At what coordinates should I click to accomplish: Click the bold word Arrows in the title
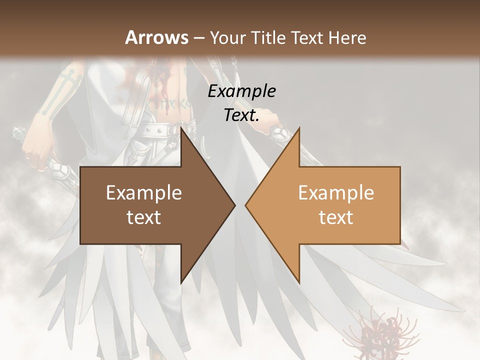click(x=157, y=37)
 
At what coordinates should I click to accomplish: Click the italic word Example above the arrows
click(x=241, y=91)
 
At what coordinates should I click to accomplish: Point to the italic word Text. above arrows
click(x=241, y=115)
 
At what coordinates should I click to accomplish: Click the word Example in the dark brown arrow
click(x=144, y=193)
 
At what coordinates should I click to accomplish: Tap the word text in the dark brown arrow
click(x=144, y=217)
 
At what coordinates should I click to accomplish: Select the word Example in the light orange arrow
click(x=336, y=193)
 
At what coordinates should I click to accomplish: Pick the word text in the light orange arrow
click(x=336, y=217)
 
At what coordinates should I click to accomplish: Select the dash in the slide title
click(x=198, y=38)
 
